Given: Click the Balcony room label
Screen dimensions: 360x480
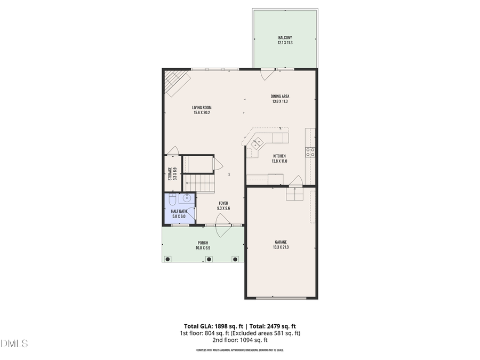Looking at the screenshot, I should tap(284, 37).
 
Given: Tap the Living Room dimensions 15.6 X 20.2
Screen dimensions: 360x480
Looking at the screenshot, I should tap(202, 113).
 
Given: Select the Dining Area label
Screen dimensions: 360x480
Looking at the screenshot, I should tap(279, 97).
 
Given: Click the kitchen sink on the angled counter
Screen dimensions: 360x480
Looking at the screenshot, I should tap(257, 142).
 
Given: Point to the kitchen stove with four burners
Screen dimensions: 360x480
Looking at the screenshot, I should tap(310, 151).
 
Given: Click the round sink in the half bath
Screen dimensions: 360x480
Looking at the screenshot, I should tap(187, 199).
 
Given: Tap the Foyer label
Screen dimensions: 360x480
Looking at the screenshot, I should tap(223, 203).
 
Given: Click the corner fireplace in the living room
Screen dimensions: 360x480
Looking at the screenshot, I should tap(176, 83).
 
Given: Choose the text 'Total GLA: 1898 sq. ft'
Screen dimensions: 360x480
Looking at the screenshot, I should tap(211, 326).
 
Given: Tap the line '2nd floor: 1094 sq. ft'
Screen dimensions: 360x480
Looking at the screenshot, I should tap(239, 340).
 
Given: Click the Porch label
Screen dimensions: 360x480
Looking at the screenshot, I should tap(203, 243).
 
